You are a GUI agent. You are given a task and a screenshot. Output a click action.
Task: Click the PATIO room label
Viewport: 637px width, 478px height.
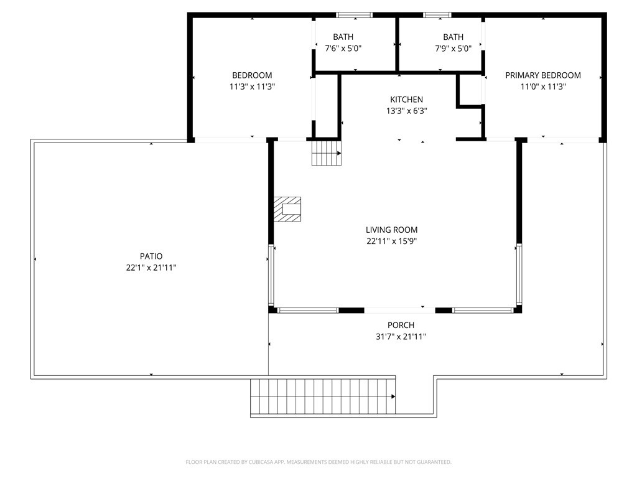click(x=151, y=256)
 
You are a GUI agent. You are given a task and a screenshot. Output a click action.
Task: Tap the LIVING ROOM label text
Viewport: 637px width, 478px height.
click(x=391, y=230)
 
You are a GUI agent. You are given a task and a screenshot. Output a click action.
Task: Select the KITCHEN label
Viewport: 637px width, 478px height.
click(x=406, y=100)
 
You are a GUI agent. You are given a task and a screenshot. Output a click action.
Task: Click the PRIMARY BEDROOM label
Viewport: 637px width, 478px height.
click(x=542, y=75)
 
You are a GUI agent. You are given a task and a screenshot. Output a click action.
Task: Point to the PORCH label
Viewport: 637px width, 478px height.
click(x=401, y=325)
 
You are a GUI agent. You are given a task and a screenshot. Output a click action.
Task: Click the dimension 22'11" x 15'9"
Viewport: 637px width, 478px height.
click(x=391, y=241)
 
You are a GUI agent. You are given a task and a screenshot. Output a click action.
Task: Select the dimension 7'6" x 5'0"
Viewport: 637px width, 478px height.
click(x=343, y=49)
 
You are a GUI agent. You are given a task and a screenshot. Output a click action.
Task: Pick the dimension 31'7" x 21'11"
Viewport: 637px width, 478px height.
click(x=401, y=337)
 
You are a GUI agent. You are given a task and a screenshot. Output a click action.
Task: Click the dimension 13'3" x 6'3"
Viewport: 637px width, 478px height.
click(x=406, y=111)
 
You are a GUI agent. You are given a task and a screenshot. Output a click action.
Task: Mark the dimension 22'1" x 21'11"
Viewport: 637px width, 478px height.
click(x=151, y=268)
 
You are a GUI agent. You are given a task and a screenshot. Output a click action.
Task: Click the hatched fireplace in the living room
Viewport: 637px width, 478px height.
click(x=287, y=209)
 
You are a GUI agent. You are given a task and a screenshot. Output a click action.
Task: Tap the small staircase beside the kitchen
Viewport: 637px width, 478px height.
click(x=327, y=152)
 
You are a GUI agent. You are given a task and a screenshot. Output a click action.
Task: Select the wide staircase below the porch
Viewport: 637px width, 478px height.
click(x=323, y=396)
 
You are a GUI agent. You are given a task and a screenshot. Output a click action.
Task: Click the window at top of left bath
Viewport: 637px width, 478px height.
click(x=354, y=15)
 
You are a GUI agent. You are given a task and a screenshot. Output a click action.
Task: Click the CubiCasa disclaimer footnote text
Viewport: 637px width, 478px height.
click(x=318, y=462)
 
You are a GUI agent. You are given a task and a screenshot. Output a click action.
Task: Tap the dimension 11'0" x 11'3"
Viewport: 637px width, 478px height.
click(x=542, y=87)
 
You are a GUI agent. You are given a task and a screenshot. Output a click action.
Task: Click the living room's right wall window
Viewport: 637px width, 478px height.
click(x=519, y=274)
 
